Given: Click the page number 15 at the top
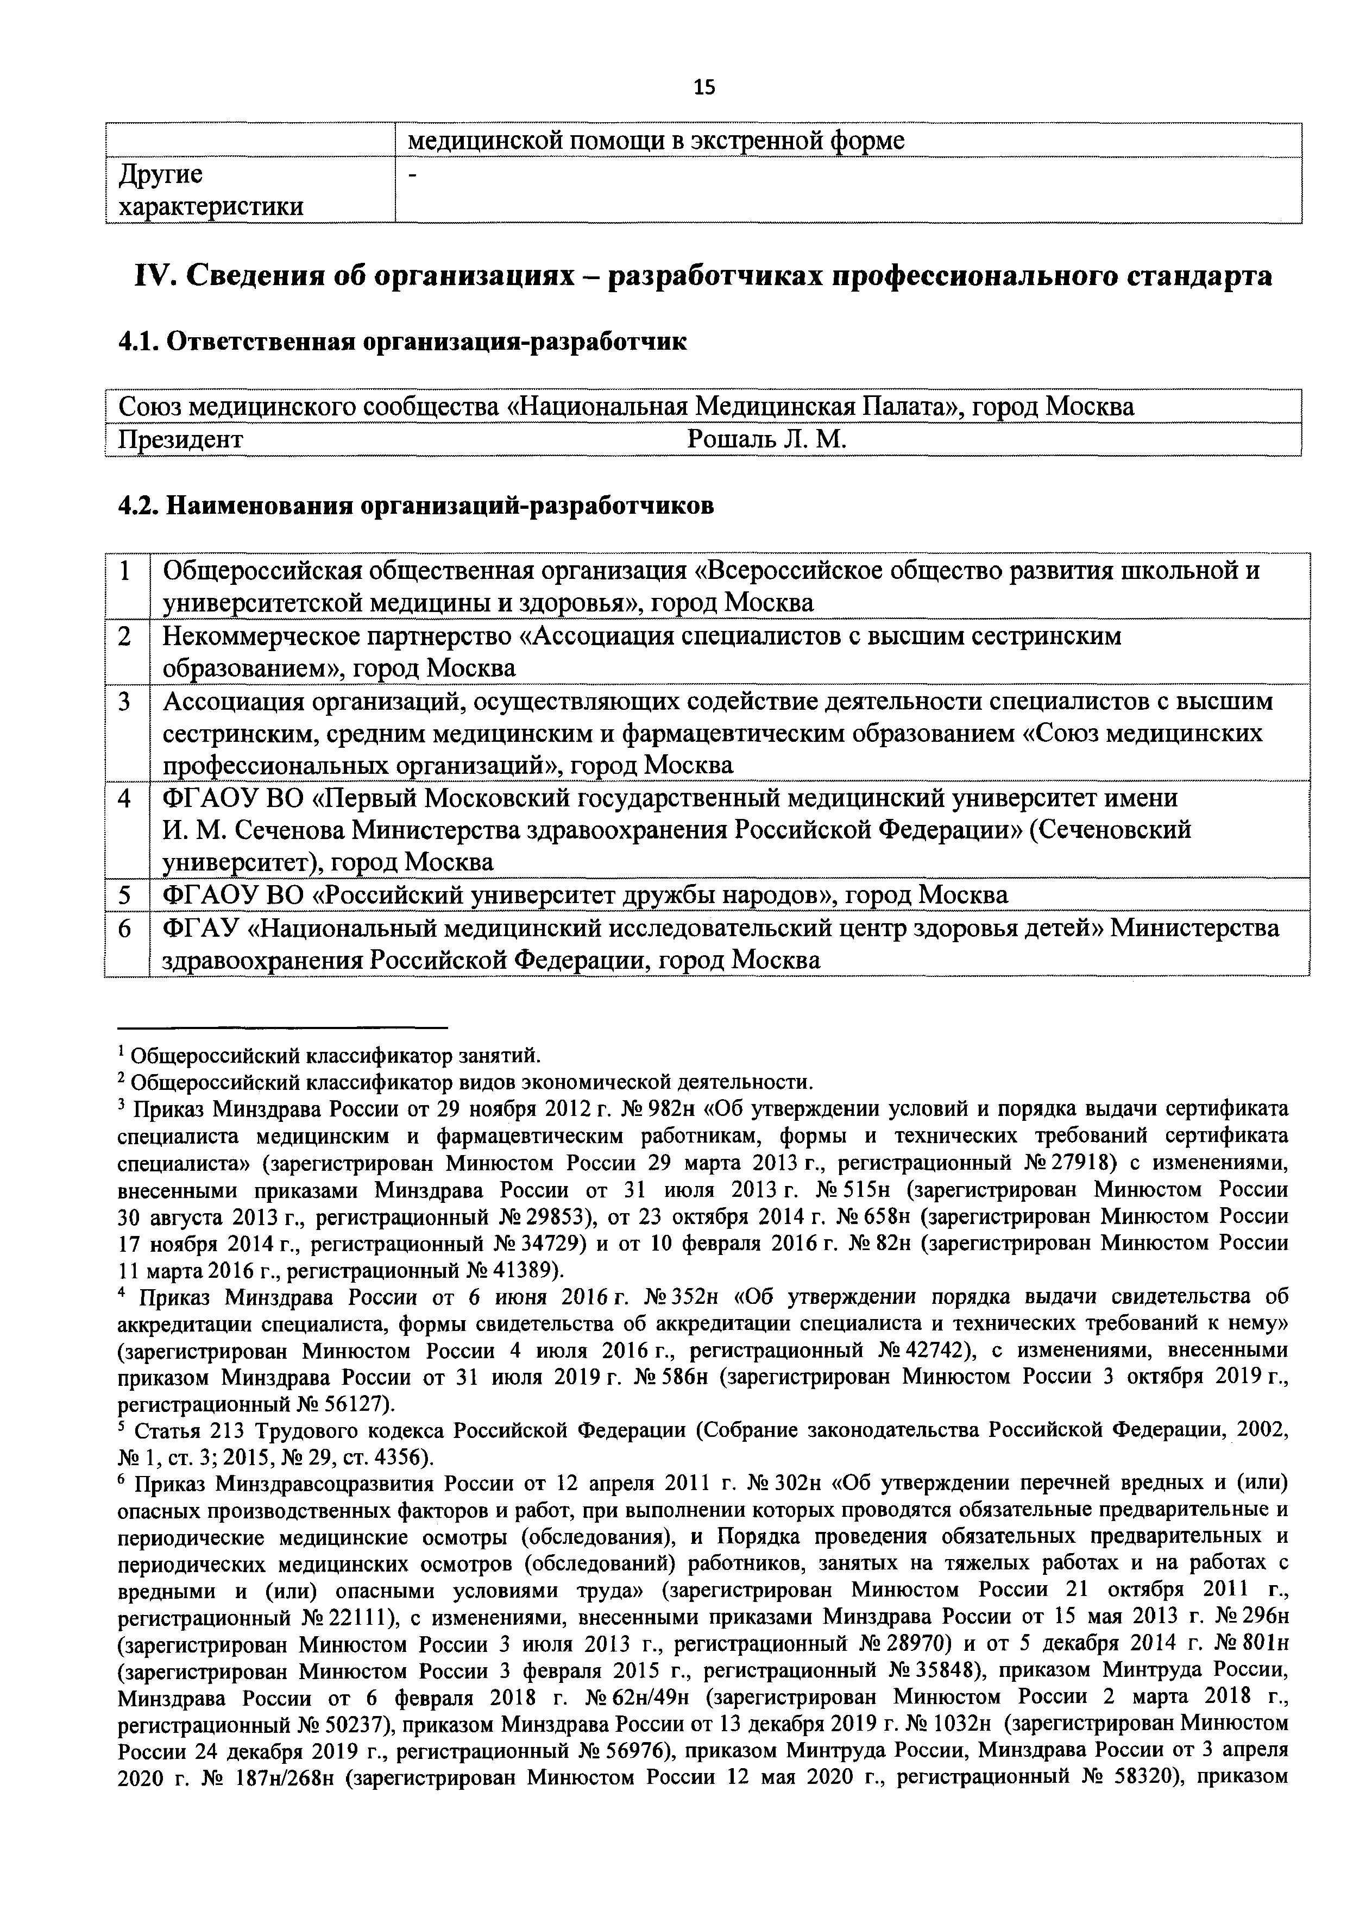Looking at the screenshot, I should [x=703, y=88].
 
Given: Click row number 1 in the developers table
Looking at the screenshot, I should [x=125, y=572].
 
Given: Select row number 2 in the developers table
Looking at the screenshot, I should [x=125, y=636].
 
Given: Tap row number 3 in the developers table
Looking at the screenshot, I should [x=125, y=702].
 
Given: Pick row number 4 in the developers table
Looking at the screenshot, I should [x=125, y=798].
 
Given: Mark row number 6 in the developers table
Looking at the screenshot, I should [x=125, y=928].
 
